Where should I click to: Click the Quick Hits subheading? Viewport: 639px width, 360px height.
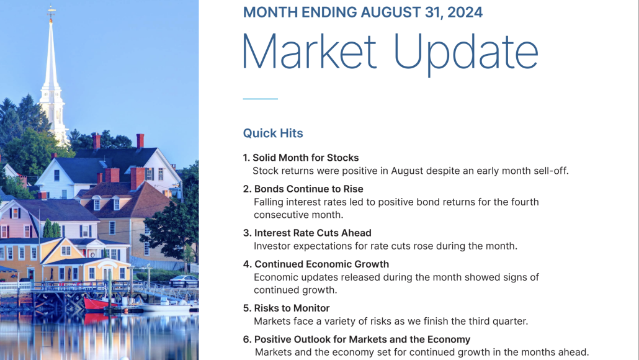click(x=273, y=133)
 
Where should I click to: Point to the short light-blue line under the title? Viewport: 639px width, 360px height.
click(x=260, y=99)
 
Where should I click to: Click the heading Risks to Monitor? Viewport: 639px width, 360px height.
click(x=292, y=308)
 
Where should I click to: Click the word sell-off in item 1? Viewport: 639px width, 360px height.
click(x=548, y=171)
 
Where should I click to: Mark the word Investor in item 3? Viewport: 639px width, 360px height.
click(x=272, y=246)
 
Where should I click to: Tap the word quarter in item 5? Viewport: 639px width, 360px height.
click(x=508, y=321)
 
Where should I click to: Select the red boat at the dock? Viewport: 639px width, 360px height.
click(x=103, y=304)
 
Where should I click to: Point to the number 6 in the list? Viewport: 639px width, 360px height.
click(x=246, y=340)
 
